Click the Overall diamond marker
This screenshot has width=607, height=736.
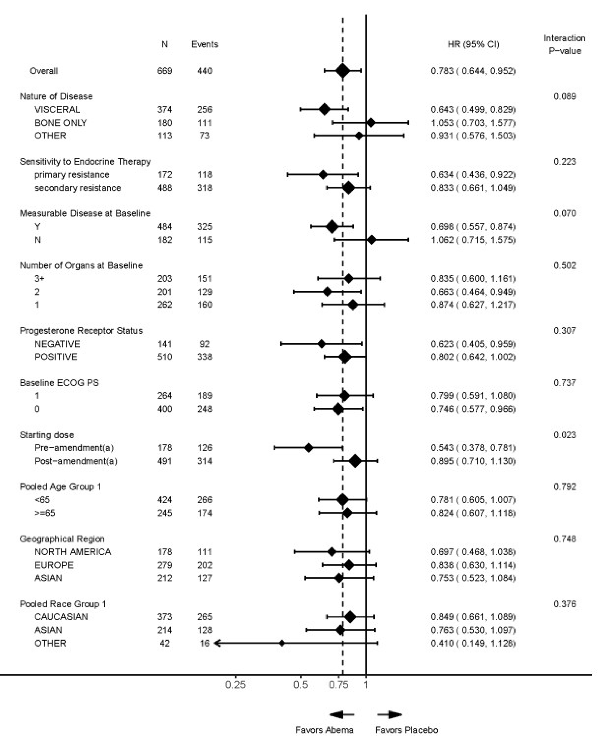(343, 71)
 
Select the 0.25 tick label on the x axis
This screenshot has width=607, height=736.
(235, 684)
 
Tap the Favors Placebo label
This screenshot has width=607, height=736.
(406, 729)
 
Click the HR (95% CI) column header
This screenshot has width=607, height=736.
(473, 44)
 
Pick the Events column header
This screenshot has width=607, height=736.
(205, 44)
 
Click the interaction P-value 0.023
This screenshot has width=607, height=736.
(564, 435)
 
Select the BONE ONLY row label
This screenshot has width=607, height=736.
(60, 123)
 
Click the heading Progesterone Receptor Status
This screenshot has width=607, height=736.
(81, 331)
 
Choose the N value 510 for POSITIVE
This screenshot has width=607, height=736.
(165, 356)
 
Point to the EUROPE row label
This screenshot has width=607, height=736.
(54, 565)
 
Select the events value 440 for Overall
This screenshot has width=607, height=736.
(205, 71)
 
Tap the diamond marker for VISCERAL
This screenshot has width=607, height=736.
(325, 110)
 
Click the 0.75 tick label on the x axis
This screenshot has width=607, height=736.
(338, 684)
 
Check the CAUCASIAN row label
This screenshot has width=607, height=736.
(61, 617)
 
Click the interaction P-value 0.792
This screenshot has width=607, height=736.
(564, 487)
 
